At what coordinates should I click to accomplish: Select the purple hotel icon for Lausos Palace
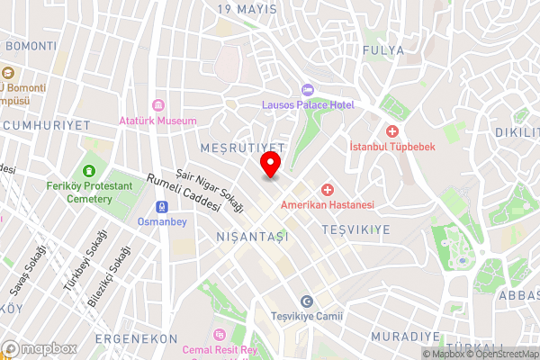[x=307, y=90]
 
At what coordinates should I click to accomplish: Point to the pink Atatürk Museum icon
[x=159, y=105]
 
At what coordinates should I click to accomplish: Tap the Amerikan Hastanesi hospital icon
[x=327, y=190]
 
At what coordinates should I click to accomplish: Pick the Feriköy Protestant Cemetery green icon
[x=88, y=171]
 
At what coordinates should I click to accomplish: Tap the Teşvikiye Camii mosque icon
[x=307, y=301]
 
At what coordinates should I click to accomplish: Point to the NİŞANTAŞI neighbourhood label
[x=252, y=236]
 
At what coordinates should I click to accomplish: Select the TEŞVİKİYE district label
[x=355, y=229]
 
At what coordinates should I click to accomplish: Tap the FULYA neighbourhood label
[x=383, y=49]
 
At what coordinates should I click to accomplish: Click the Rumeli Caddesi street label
[x=183, y=192]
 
